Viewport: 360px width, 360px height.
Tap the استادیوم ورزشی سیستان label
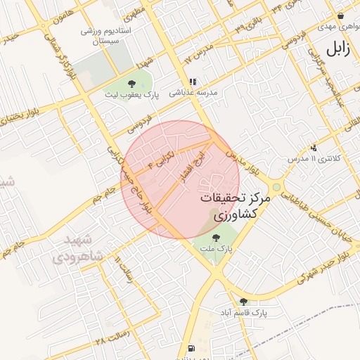tap(98, 37)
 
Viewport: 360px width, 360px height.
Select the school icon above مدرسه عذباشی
tap(193, 82)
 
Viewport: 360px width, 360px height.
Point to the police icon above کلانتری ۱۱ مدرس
tap(313, 148)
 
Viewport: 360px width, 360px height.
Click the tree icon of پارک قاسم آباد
tap(243, 301)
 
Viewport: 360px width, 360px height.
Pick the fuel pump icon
tap(191, 349)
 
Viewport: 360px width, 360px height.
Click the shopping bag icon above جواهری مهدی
tap(341, 15)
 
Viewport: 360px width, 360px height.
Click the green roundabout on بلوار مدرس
tap(277, 187)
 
